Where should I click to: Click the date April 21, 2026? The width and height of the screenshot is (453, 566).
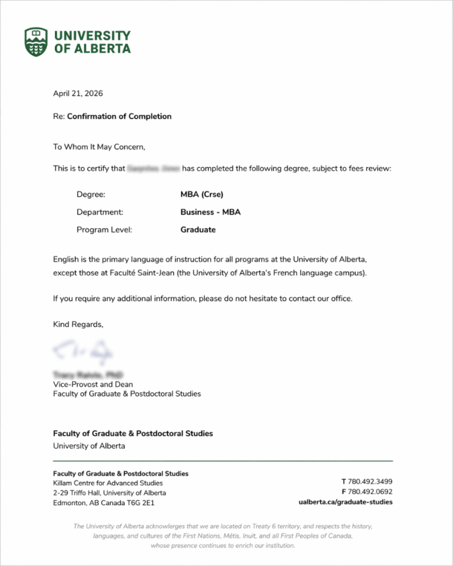(78, 93)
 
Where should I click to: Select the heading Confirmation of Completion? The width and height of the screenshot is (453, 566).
(119, 116)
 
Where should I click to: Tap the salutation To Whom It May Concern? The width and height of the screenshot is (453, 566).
(99, 147)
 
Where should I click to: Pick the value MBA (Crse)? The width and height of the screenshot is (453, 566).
(202, 195)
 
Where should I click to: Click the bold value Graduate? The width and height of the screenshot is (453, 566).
(198, 230)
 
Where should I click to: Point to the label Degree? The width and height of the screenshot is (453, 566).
(91, 195)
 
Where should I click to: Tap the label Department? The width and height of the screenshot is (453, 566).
(100, 213)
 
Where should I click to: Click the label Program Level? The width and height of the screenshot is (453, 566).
(104, 230)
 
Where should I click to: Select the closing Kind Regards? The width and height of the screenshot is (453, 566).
(79, 324)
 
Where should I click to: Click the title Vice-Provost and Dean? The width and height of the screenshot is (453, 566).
(93, 384)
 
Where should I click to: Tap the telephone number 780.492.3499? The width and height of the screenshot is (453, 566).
(370, 481)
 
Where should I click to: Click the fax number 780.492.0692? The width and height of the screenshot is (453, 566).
(370, 492)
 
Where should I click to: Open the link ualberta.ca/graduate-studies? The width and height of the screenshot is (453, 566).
(346, 502)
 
